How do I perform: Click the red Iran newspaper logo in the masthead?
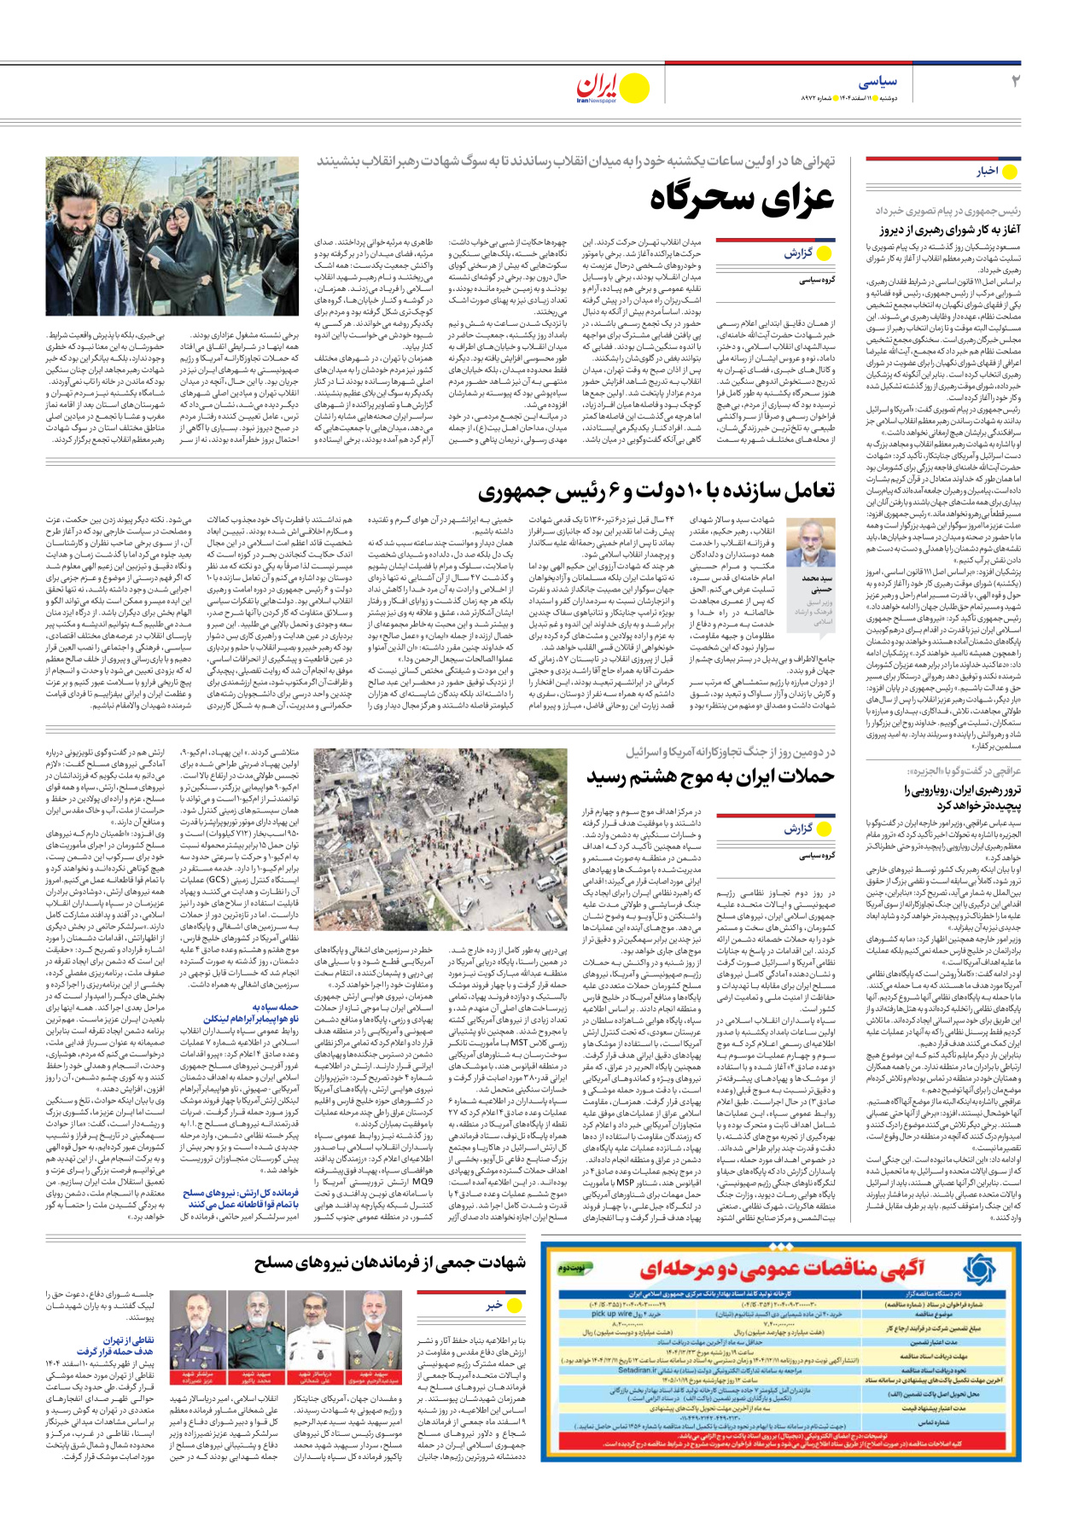tap(597, 87)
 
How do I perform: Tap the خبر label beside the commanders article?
tap(493, 1305)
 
